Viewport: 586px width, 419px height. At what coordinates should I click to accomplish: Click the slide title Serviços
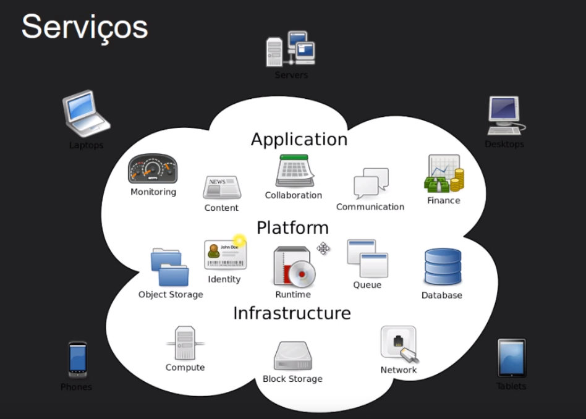85,27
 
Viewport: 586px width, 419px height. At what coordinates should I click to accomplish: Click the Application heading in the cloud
299,140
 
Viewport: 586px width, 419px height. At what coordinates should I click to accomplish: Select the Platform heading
292,227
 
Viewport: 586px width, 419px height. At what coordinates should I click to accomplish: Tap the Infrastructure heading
292,313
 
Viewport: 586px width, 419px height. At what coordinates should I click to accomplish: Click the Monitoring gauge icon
153,169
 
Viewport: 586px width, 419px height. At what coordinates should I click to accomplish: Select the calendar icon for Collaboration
294,171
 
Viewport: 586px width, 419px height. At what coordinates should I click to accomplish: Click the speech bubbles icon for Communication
371,183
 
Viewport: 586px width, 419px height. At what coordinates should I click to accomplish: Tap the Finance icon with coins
444,174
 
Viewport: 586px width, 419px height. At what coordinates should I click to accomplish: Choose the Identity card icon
225,254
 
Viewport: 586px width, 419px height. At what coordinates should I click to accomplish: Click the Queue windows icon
367,258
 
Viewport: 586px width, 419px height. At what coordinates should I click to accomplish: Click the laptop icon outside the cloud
86,114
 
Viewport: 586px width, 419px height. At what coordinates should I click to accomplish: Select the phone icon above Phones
77,359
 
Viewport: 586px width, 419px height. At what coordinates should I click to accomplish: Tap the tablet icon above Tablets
511,358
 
